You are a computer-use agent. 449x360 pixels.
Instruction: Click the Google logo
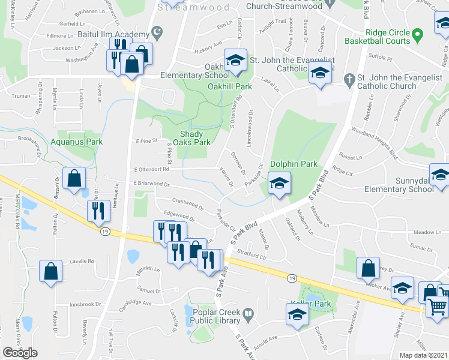(20, 353)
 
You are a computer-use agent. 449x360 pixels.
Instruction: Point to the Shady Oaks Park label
(192, 139)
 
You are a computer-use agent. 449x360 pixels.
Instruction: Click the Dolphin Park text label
(294, 164)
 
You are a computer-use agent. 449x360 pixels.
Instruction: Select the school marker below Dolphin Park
(279, 184)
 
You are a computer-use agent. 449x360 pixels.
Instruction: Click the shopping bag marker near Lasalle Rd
(51, 271)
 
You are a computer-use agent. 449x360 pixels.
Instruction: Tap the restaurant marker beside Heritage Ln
(97, 211)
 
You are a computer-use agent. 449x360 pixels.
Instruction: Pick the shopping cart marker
(438, 307)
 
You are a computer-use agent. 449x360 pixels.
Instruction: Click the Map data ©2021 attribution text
(424, 355)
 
